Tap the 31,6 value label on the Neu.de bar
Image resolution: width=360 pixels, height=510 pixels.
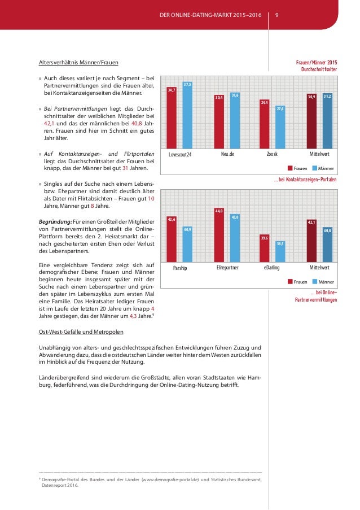(235, 95)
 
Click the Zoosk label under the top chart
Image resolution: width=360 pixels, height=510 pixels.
(273, 154)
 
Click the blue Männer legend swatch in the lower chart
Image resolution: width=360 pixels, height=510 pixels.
(314, 281)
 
